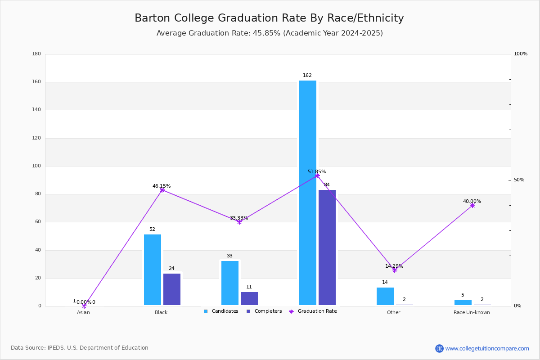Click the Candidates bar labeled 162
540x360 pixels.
coord(308,193)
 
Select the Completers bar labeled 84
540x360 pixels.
coord(327,247)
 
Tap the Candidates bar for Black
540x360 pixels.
coord(153,270)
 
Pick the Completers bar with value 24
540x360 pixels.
coord(172,289)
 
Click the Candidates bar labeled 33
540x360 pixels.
coord(230,283)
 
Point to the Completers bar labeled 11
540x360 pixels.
coord(249,298)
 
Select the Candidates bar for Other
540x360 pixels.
coord(385,296)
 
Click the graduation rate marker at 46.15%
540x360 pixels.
coord(162,190)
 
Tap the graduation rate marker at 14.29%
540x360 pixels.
coord(395,270)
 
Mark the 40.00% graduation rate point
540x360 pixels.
coord(472,205)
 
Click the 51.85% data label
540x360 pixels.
coord(317,172)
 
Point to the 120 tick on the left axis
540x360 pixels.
coord(36,138)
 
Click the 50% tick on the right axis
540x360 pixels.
coord(519,180)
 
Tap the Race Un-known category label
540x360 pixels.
coord(472,313)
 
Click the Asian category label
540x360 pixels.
coord(83,313)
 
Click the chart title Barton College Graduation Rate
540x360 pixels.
coord(269,18)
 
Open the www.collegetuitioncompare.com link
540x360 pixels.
coord(487,348)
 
